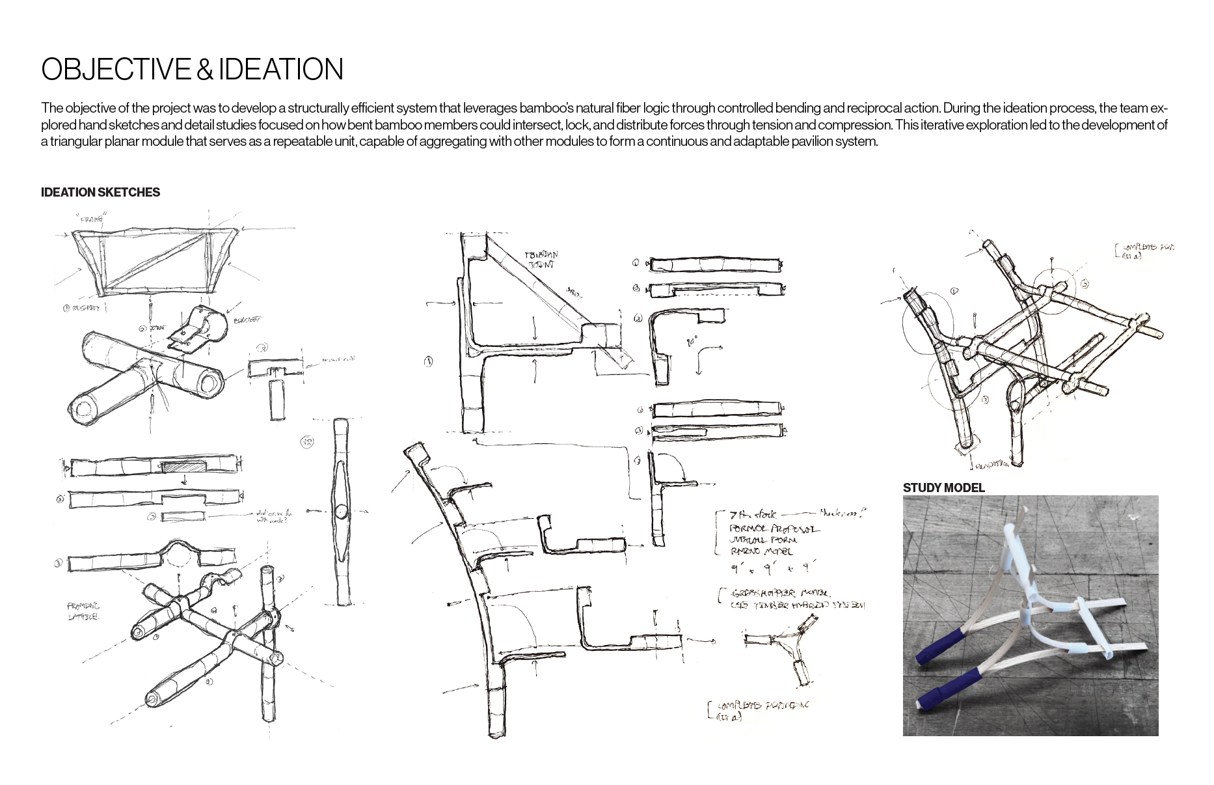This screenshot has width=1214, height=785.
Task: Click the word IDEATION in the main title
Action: [281, 70]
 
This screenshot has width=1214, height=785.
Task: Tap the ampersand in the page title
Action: [205, 70]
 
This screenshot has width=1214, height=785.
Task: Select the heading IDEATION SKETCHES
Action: [100, 193]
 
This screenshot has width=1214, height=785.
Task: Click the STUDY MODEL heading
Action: [943, 488]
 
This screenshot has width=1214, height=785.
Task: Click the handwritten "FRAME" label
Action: [92, 220]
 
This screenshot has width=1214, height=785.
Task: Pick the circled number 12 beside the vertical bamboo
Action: [307, 442]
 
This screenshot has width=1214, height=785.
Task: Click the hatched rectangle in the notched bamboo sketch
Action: [184, 466]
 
